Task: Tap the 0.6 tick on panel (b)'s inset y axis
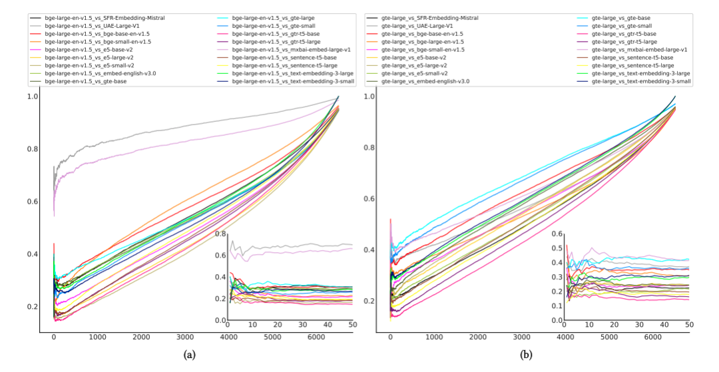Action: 557,234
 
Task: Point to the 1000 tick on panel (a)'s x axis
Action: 97,338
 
